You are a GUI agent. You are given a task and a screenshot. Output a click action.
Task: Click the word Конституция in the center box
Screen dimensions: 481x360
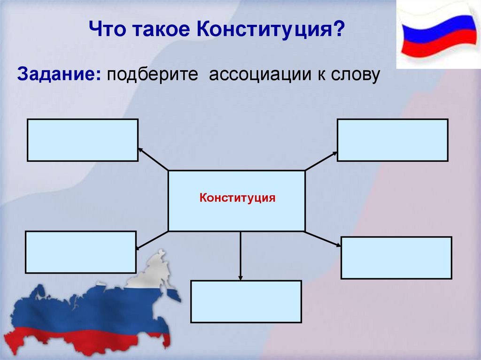tap(237, 197)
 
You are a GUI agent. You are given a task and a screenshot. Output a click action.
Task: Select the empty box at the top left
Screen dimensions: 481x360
tap(83, 140)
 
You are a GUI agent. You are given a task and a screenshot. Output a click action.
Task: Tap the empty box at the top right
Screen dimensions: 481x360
tap(392, 140)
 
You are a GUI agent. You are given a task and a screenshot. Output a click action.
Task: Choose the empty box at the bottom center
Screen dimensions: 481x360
tap(246, 301)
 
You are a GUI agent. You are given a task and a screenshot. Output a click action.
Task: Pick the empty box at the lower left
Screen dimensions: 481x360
tap(81, 252)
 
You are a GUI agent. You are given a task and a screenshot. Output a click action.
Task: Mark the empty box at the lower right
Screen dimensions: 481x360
tap(396, 258)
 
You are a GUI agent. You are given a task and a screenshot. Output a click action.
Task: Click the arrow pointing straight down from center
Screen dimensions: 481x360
tap(240, 256)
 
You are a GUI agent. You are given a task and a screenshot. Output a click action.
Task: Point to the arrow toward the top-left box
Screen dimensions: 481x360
tap(153, 159)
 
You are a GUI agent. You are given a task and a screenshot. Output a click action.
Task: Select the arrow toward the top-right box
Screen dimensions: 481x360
tap(321, 161)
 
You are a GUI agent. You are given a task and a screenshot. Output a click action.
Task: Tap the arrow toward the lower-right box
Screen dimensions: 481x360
tap(323, 238)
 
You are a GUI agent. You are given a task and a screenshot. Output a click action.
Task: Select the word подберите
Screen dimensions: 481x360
tap(152, 75)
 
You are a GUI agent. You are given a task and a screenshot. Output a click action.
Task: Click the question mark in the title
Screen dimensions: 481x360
tap(337, 31)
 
